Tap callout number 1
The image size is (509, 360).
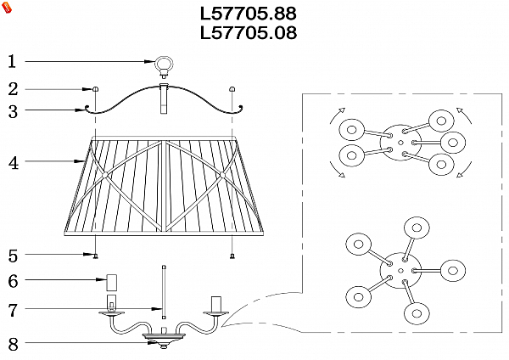[12, 61]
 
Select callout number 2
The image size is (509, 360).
[12, 88]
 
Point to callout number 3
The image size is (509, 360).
[12, 110]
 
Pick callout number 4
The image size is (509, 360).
[12, 163]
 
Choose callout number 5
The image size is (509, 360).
[12, 255]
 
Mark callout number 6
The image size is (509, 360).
[12, 281]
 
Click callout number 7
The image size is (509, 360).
[12, 311]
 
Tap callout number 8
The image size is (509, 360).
[12, 344]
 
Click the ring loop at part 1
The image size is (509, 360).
[163, 64]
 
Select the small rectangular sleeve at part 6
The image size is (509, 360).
[109, 281]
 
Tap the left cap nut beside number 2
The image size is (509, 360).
[95, 89]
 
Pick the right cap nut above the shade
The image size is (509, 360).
[232, 89]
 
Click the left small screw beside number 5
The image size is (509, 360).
[95, 255]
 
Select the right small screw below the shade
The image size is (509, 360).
[232, 255]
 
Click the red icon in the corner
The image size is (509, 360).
[7, 8]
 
